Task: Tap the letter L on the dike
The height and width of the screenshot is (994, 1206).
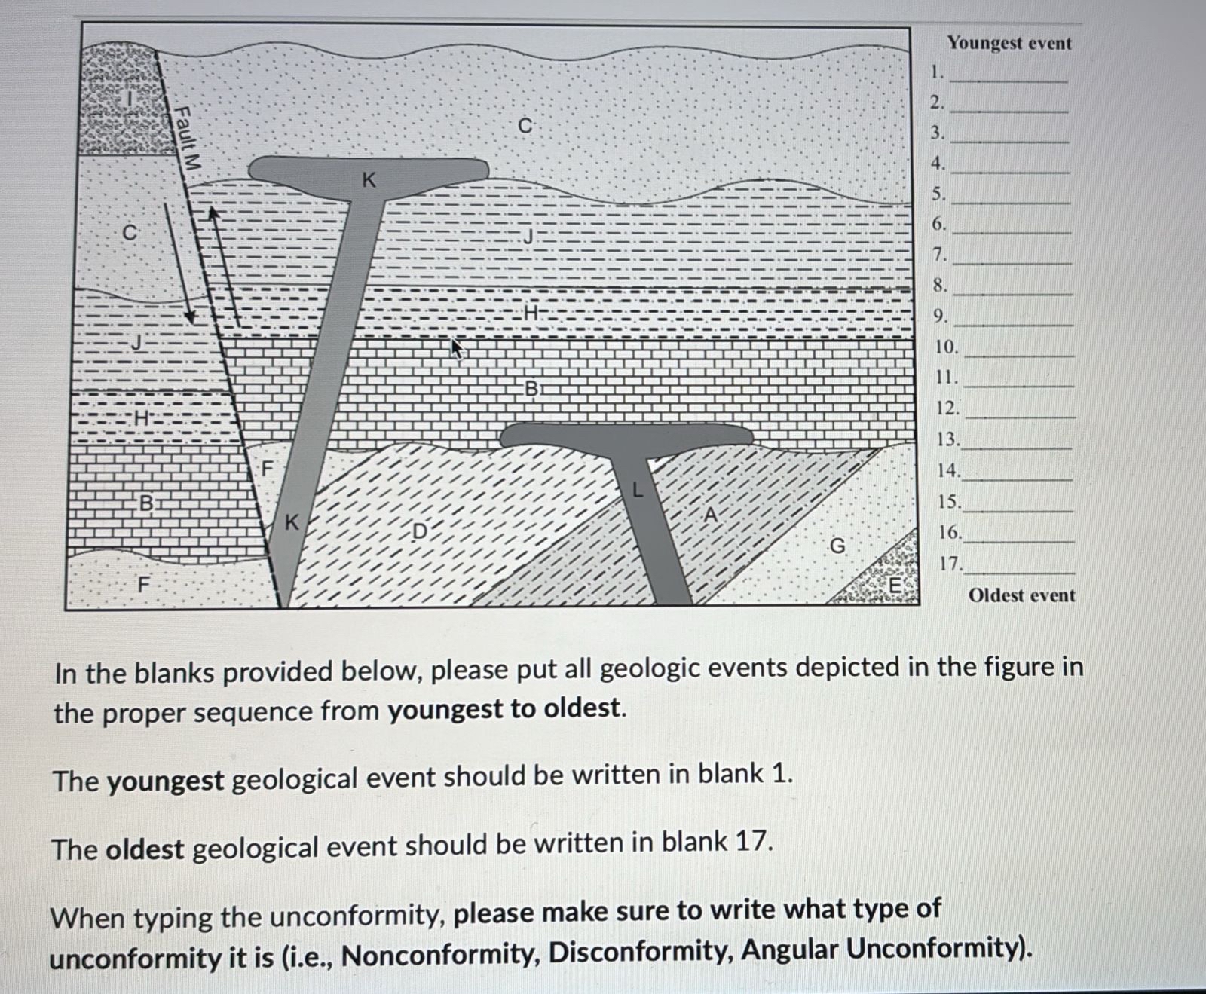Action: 638,491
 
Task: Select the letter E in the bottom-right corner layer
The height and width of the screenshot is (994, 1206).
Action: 895,584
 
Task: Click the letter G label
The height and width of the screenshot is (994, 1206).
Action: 837,546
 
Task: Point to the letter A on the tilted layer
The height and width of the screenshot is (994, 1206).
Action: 709,515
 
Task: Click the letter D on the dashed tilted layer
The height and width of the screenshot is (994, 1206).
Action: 420,531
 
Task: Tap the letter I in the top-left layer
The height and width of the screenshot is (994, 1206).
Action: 130,99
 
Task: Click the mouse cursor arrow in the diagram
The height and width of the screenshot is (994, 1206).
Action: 456,348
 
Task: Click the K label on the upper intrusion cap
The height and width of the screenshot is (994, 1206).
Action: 369,180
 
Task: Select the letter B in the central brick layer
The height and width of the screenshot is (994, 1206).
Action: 531,389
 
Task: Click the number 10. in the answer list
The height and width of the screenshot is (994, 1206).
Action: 947,347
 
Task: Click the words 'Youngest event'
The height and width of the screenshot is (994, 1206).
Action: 1009,43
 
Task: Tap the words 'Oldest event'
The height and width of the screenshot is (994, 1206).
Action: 1021,595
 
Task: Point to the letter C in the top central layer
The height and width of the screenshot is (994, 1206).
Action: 525,126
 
